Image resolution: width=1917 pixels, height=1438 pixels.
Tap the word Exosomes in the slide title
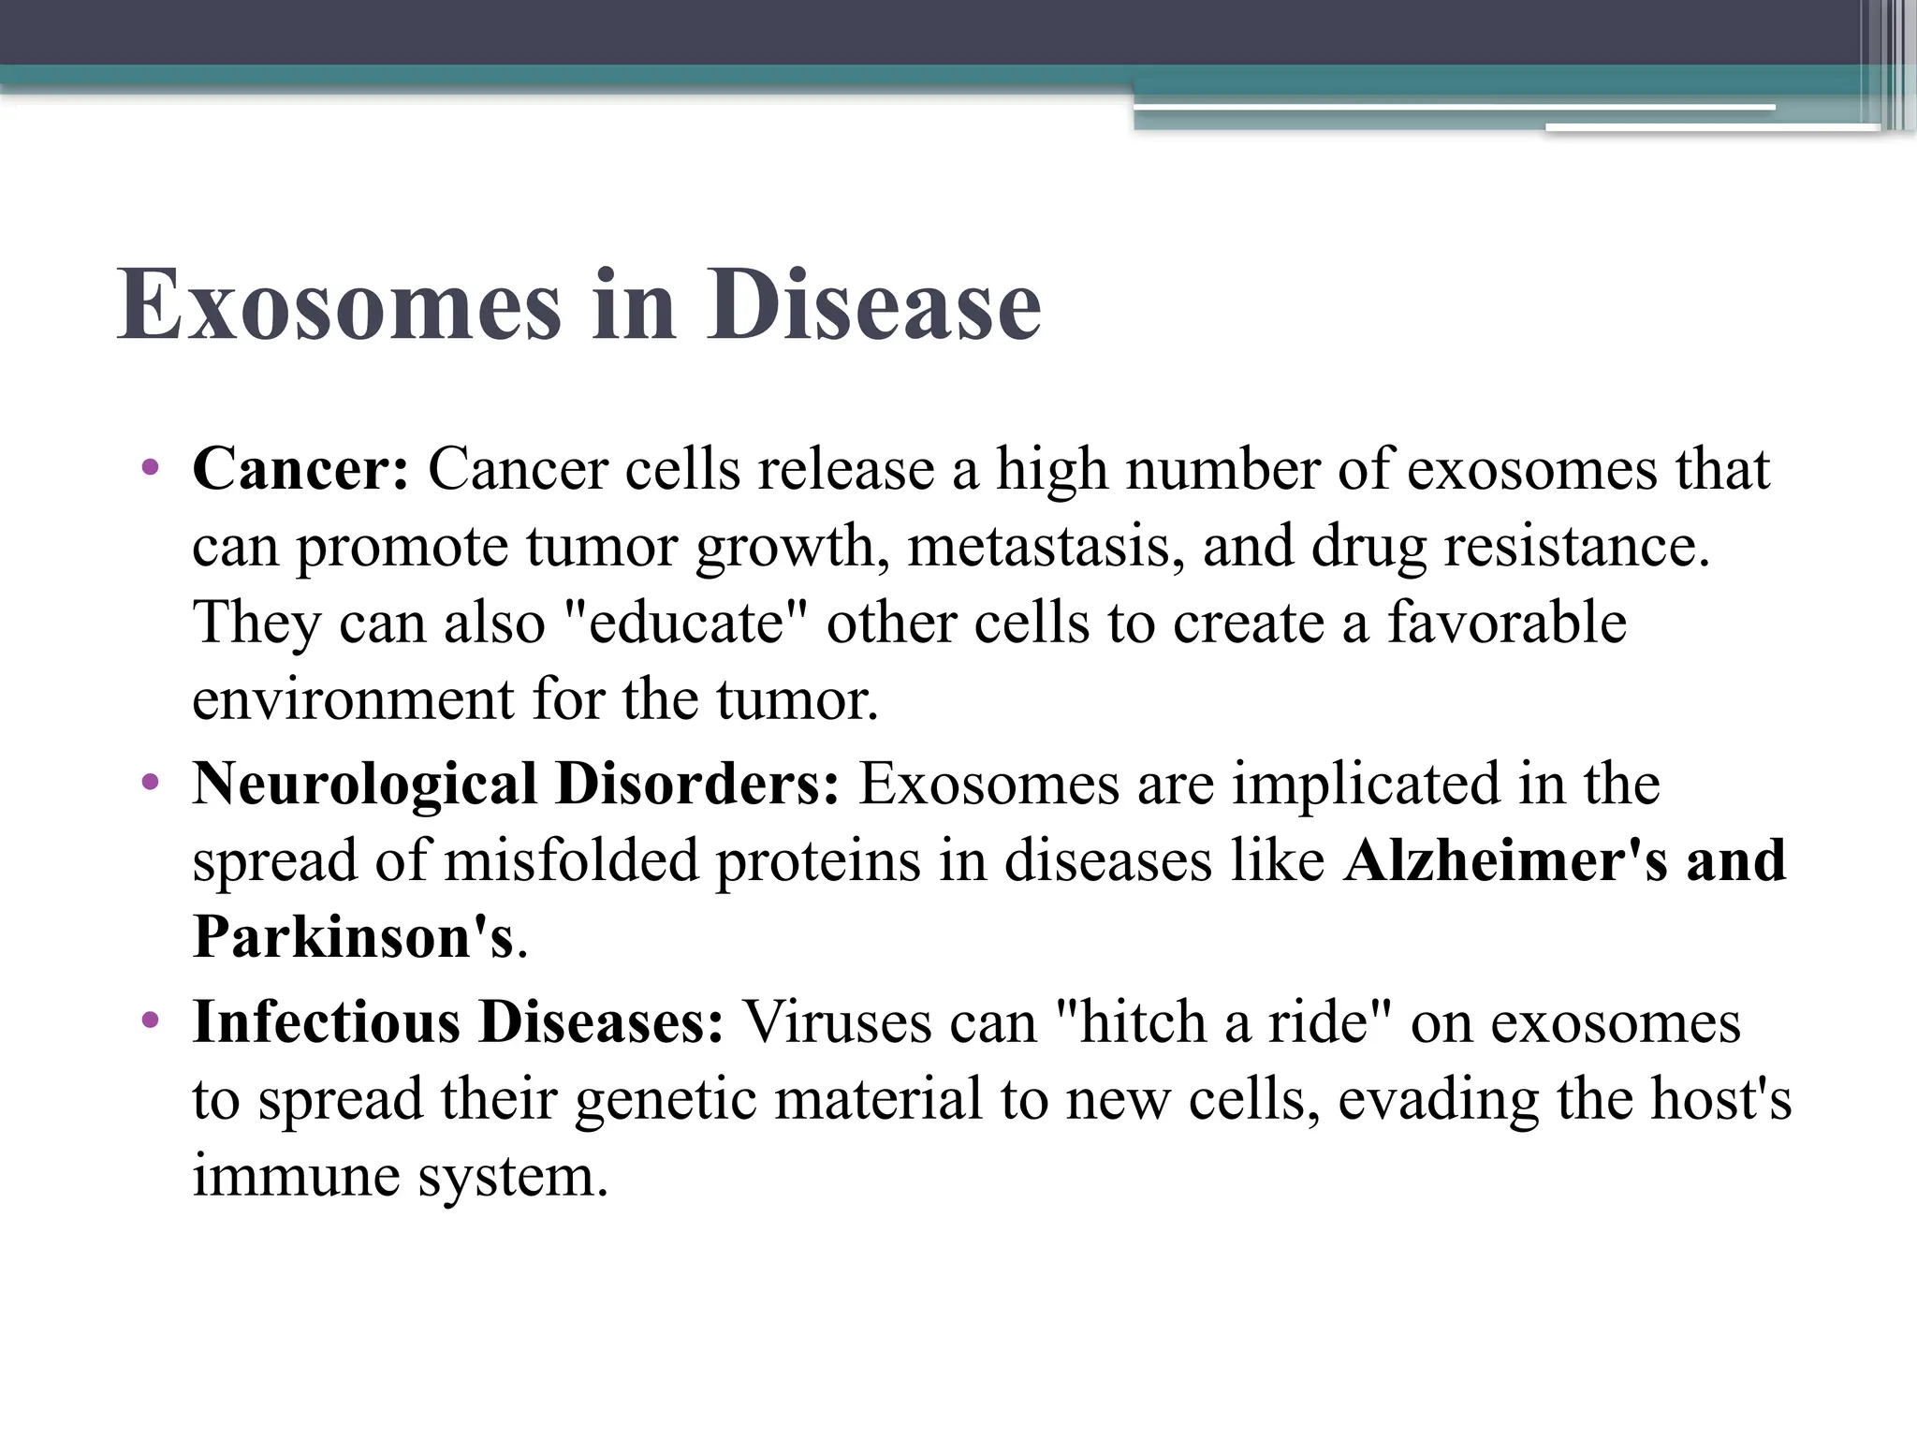339,305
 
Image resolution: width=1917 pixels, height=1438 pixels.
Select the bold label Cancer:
300,469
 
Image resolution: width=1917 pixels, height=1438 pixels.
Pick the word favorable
1507,623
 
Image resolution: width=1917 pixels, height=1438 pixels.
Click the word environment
353,699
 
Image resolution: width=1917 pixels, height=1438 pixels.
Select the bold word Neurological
364,784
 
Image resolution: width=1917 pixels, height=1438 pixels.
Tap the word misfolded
571,860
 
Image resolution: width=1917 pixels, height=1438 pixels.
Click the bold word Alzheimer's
1505,860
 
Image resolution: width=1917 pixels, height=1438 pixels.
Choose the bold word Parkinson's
353,936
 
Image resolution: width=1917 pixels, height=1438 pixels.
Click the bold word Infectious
326,1021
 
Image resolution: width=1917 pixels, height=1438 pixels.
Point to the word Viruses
837,1021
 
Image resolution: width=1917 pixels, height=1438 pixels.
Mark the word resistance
1576,546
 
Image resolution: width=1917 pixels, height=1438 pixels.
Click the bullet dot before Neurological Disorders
150,782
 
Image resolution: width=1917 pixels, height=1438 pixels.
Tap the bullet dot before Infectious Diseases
150,1020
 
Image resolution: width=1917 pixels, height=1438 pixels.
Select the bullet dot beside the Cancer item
150,467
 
